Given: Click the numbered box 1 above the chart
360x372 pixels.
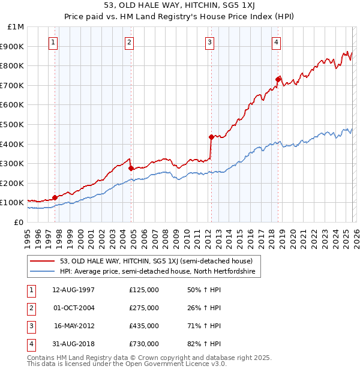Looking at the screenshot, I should pos(54,42).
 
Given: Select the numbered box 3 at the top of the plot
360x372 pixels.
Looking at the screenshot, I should pos(209,42).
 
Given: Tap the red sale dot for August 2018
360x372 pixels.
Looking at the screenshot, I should pos(278,79).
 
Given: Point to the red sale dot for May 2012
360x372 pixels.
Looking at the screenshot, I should pos(211,137).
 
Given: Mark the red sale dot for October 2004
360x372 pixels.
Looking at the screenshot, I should pos(131,168).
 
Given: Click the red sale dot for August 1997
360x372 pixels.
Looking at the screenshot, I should pos(55,197).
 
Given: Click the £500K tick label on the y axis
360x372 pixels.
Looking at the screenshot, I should pos(13,124).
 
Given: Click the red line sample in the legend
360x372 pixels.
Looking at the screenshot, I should pos(43,261).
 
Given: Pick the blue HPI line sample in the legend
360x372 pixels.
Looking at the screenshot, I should pos(43,272).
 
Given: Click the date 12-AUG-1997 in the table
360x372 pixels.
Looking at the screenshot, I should pos(74,290).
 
